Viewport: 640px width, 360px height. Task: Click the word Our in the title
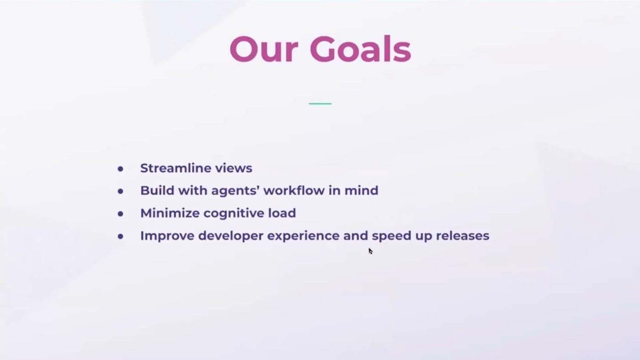tap(263, 49)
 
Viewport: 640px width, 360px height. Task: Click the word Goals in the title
tap(360, 49)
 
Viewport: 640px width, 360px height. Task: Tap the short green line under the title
tap(320, 104)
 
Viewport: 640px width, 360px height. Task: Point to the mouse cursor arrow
tap(370, 251)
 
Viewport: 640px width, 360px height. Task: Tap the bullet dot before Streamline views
tap(120, 169)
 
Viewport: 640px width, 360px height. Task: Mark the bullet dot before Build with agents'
tap(120, 191)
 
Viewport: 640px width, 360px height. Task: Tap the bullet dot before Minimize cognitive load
tap(120, 214)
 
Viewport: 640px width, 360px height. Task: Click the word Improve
tap(166, 236)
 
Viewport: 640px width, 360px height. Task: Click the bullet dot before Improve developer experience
tap(120, 237)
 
